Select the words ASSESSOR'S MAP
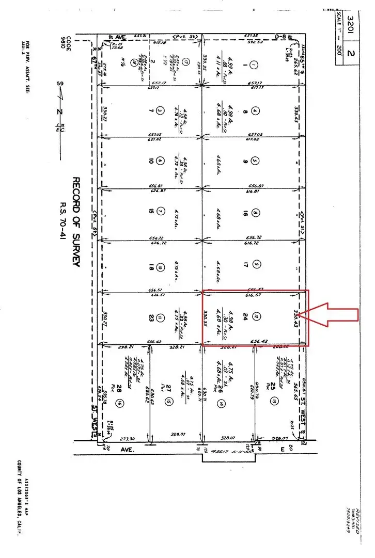click(x=26, y=498)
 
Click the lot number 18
click(x=151, y=267)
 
